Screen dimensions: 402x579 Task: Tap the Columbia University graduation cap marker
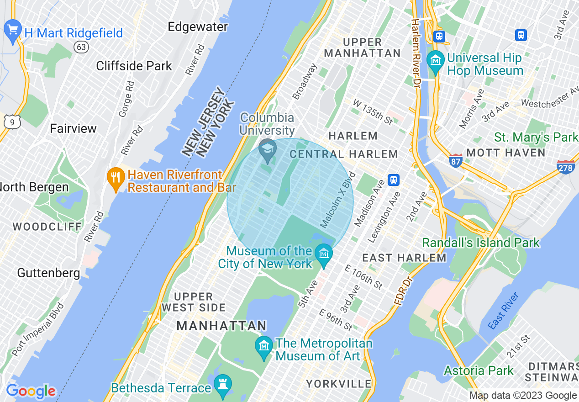click(267, 149)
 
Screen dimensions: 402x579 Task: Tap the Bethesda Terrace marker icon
click(223, 385)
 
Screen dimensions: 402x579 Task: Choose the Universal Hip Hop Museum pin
click(436, 62)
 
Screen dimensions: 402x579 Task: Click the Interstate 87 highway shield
click(455, 160)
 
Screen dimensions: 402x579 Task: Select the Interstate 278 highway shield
click(565, 167)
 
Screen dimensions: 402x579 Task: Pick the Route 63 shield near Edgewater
click(81, 47)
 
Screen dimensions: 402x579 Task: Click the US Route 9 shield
click(12, 122)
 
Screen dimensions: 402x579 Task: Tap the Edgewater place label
click(198, 27)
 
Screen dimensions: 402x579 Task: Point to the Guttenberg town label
click(48, 273)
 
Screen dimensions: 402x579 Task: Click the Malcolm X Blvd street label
click(337, 200)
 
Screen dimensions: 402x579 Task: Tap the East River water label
click(503, 311)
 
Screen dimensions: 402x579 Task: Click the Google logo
click(31, 391)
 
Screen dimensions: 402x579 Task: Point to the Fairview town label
click(73, 128)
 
